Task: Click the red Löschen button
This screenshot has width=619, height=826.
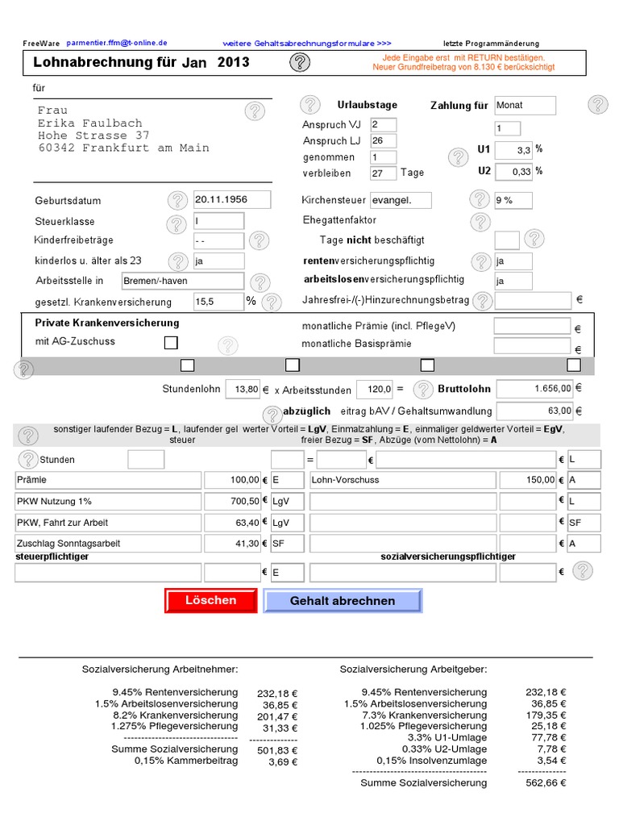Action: [210, 601]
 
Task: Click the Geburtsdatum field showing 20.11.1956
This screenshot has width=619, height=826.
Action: [232, 200]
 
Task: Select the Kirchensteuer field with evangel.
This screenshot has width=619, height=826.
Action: [401, 200]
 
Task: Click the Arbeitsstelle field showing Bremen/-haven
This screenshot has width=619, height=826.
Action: [181, 281]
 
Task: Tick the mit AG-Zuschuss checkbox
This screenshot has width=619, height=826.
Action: [171, 343]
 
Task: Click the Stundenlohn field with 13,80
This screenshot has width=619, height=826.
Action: [243, 389]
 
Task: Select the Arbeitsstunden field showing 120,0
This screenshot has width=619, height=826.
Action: [375, 389]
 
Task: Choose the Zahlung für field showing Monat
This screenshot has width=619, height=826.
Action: [525, 106]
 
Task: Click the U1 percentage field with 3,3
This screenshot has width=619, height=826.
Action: [513, 150]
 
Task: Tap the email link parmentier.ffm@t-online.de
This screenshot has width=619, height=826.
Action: [117, 43]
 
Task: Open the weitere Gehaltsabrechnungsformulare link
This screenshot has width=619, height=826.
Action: [307, 43]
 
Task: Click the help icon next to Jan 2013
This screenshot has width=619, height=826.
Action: [299, 63]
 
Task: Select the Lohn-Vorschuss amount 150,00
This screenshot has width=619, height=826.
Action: [527, 480]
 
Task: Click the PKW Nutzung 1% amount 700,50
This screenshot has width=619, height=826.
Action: [233, 501]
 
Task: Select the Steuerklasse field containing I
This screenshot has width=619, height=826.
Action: [218, 221]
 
